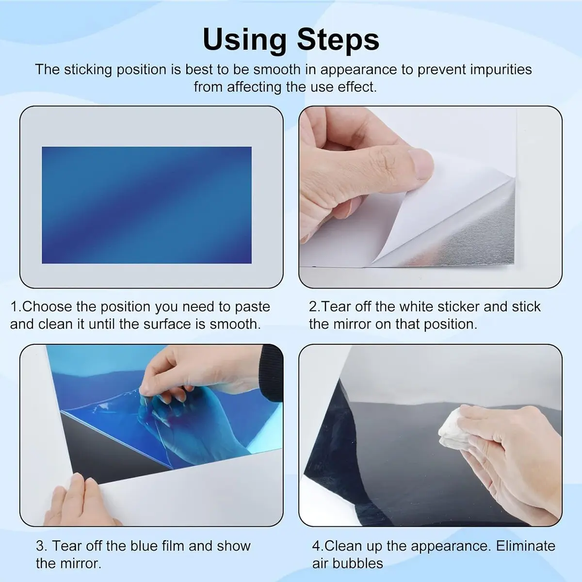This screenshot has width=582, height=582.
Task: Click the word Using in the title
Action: [244, 40]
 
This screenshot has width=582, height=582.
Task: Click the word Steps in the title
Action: [338, 40]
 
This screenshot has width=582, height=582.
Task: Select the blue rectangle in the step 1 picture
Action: [146, 205]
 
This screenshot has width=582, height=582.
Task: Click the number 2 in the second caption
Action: [313, 307]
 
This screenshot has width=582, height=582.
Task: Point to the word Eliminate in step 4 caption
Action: [526, 546]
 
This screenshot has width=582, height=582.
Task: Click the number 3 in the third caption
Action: [41, 546]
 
